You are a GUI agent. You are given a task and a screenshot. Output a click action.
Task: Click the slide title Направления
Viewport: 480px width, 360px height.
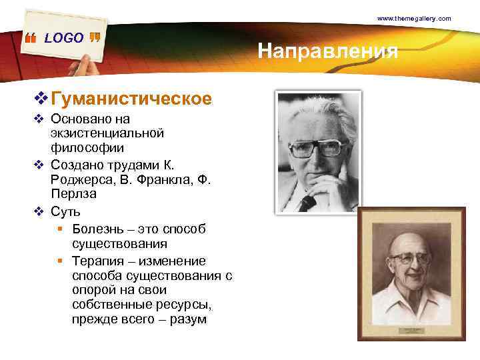coord(328,51)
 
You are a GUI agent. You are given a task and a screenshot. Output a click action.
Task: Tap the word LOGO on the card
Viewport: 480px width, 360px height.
coord(64,38)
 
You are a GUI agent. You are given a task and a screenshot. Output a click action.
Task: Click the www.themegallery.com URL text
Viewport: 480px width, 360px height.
coord(414,19)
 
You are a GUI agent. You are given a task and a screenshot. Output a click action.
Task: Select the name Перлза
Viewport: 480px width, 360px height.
coord(73,194)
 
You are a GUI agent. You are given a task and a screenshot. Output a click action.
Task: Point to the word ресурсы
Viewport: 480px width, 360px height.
coord(187,305)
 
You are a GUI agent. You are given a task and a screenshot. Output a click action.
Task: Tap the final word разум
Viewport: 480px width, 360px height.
coord(189,320)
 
